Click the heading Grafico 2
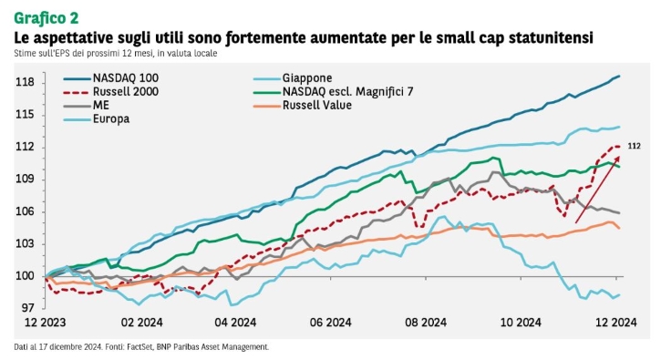(x=46, y=18)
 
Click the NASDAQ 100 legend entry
(x=111, y=78)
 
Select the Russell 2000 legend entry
(x=111, y=91)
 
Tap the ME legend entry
(x=87, y=105)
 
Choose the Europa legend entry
(x=97, y=118)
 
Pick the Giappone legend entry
(x=293, y=78)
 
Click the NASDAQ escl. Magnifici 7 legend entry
(x=334, y=91)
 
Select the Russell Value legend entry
(x=303, y=105)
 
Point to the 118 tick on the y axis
(x=25, y=82)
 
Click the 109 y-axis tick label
(x=25, y=180)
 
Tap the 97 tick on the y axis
(x=28, y=308)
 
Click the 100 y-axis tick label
(x=25, y=276)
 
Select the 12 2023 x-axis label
(x=45, y=323)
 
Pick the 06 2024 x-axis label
(x=330, y=323)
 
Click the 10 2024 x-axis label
(x=521, y=323)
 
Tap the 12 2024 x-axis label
(x=616, y=323)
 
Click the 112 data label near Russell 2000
(x=634, y=146)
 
